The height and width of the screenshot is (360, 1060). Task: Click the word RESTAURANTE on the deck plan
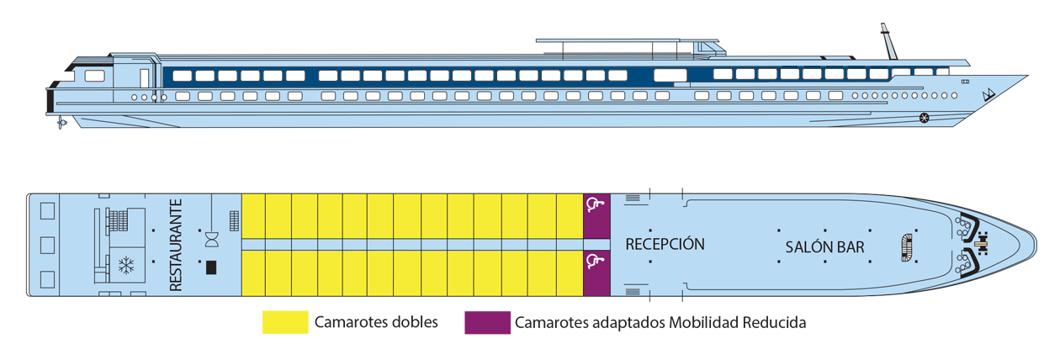(x=176, y=245)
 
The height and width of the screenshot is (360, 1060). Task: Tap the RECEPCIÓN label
(x=665, y=245)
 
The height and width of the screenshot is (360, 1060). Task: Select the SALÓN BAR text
(x=824, y=247)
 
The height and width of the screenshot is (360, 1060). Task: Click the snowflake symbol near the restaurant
(x=126, y=267)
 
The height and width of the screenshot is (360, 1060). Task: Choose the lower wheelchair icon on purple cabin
(x=595, y=262)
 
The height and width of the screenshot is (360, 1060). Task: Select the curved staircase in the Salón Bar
(x=906, y=245)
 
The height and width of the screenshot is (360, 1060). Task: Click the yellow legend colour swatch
(x=269, y=332)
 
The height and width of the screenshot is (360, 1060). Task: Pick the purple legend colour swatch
(x=481, y=332)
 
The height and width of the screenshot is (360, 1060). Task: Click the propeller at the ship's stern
(x=61, y=124)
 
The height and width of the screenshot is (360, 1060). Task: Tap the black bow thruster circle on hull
(x=924, y=117)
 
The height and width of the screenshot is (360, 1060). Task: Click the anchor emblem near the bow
(x=989, y=93)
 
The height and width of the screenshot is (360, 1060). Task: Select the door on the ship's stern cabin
(x=144, y=78)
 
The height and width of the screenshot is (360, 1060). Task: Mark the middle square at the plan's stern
(x=47, y=246)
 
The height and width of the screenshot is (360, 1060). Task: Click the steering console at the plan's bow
(x=979, y=245)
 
